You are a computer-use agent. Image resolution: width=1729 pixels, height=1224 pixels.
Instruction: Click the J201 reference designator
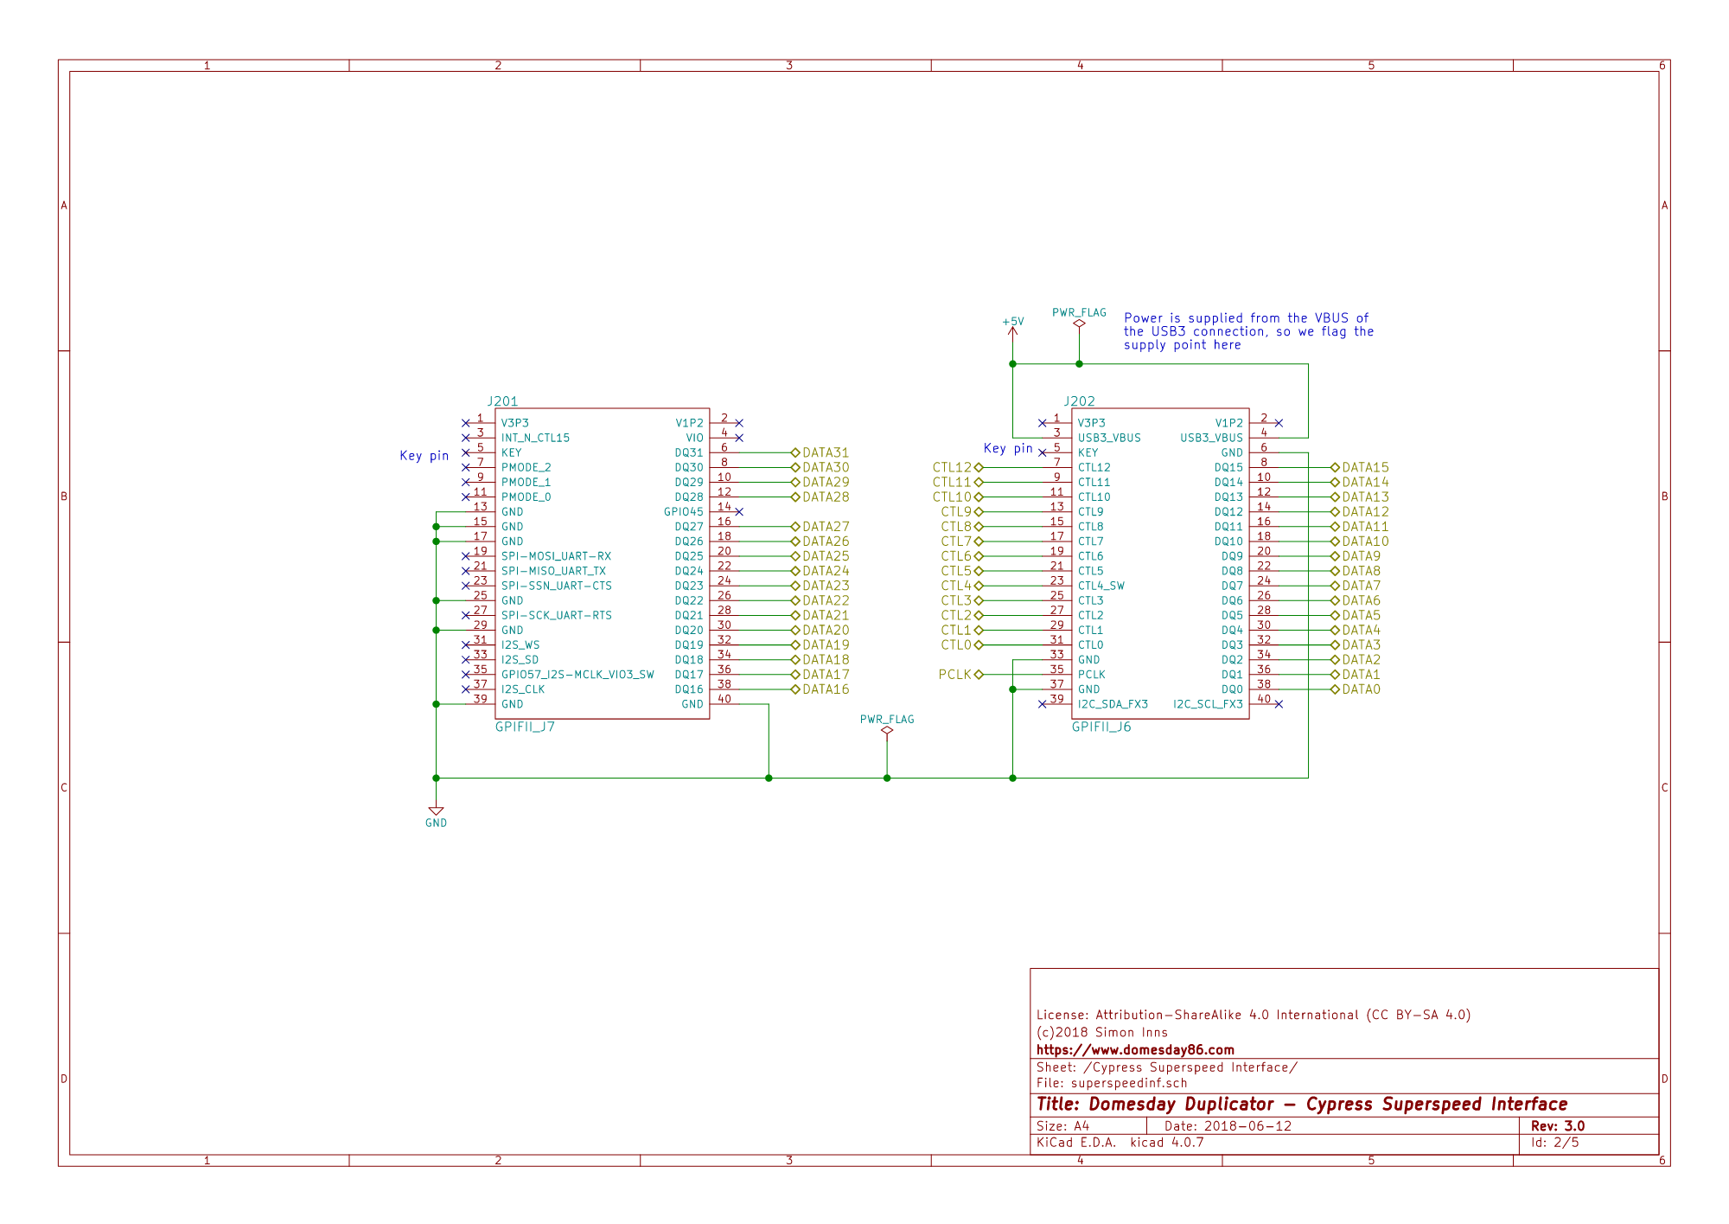click(502, 401)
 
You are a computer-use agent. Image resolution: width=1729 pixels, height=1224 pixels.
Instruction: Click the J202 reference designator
click(1079, 401)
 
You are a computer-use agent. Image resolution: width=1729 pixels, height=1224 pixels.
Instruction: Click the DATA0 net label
click(1362, 689)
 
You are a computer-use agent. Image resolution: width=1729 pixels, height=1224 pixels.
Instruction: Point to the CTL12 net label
click(952, 468)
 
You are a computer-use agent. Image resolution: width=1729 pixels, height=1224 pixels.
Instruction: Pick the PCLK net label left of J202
click(955, 675)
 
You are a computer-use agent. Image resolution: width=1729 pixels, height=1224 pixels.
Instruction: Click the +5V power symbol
click(1012, 326)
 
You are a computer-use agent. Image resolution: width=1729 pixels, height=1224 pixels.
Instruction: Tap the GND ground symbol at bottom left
click(436, 817)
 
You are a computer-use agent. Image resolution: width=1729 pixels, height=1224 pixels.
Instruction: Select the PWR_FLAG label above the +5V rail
click(1079, 312)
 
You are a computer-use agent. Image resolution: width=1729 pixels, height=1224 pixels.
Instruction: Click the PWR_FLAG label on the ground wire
click(887, 719)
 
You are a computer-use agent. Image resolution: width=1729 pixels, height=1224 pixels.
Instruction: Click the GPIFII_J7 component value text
click(525, 727)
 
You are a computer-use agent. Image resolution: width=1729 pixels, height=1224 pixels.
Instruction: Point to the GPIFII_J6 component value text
click(1101, 727)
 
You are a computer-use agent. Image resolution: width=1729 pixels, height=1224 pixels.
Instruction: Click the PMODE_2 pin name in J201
click(526, 468)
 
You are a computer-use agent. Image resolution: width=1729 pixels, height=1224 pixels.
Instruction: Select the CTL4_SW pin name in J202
click(1101, 586)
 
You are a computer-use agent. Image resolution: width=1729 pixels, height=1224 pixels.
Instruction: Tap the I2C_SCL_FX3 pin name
click(1208, 704)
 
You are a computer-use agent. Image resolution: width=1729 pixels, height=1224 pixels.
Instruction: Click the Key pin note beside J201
click(424, 456)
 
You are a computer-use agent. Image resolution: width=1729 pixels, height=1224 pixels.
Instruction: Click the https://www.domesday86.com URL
click(1135, 1050)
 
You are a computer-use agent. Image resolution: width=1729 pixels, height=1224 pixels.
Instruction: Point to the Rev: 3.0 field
click(1558, 1126)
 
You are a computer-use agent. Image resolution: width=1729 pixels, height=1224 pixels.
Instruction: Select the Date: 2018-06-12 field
click(1228, 1126)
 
